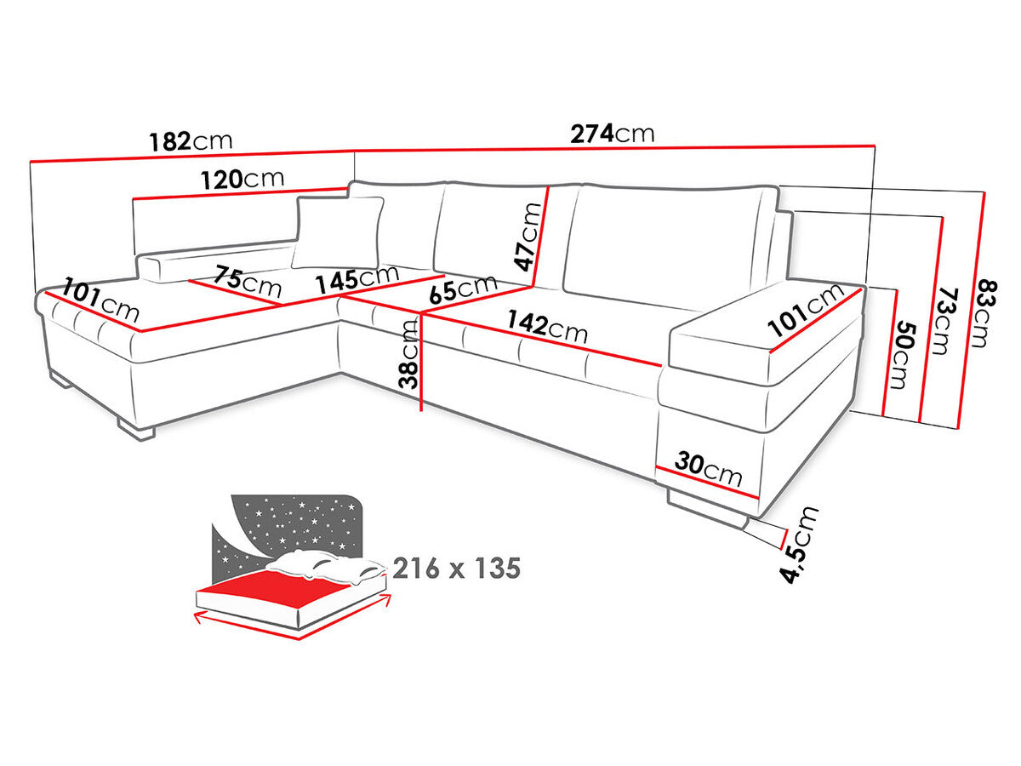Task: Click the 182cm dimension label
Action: [x=191, y=140]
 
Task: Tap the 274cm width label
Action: [x=613, y=134]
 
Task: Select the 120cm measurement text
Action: [x=242, y=180]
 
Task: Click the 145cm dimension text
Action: [x=356, y=279]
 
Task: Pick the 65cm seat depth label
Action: [x=464, y=288]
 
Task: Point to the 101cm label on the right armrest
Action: [x=805, y=311]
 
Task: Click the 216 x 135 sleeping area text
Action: [x=456, y=569]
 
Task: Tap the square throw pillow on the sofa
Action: [x=338, y=232]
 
